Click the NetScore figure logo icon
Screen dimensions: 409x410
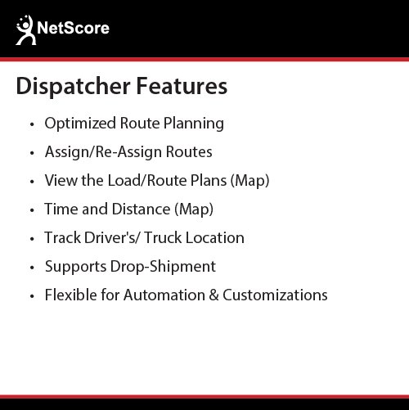(26, 30)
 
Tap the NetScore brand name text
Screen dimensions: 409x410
(73, 28)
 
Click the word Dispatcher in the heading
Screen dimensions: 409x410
(73, 87)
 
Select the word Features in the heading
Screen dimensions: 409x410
(182, 86)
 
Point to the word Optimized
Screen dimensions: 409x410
(80, 124)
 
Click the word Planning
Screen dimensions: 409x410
(194, 124)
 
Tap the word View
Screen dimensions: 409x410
(61, 180)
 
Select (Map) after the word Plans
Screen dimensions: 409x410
(249, 181)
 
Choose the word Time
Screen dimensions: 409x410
(61, 209)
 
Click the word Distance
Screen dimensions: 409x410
(141, 209)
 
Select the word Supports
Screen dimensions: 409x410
(75, 267)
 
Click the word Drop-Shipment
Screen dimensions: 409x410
(163, 267)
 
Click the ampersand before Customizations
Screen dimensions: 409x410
(213, 295)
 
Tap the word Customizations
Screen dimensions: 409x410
(275, 295)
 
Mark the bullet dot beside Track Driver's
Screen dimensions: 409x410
(32, 239)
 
